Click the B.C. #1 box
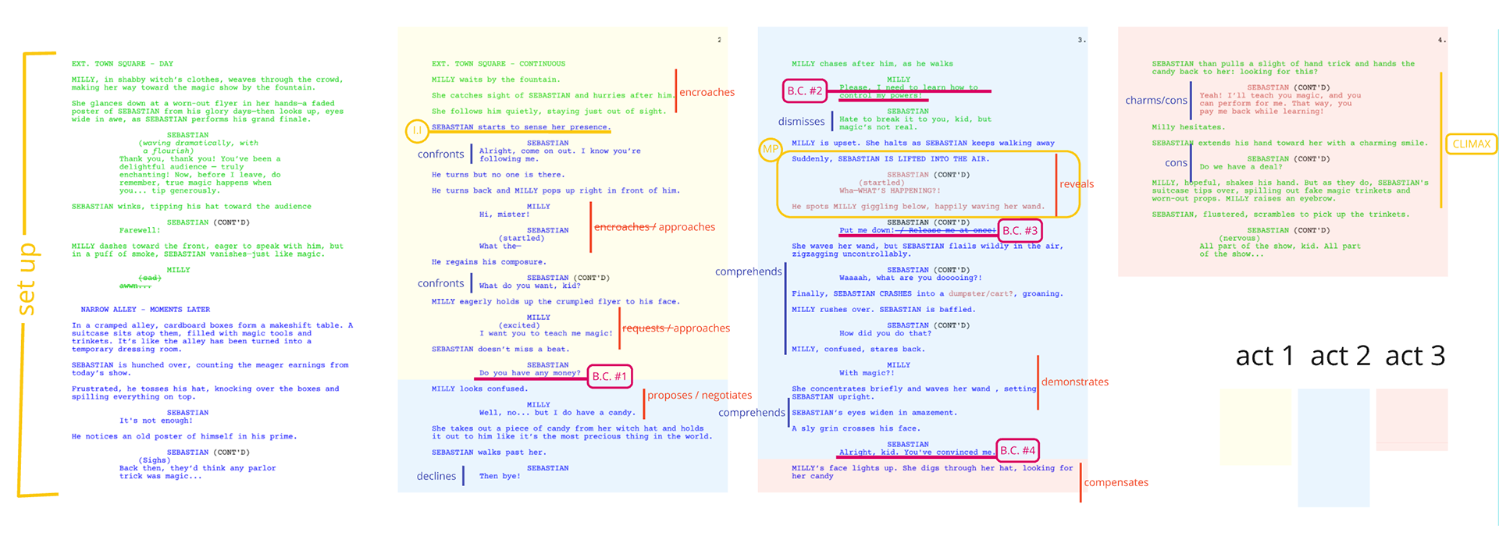[x=609, y=376]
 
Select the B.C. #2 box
[x=804, y=91]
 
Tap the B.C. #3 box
[x=1020, y=230]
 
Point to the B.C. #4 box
[x=1017, y=450]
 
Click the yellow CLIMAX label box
[x=1471, y=144]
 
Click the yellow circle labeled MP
[x=770, y=149]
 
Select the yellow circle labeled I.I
[x=417, y=130]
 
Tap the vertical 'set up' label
[x=27, y=279]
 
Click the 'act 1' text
[x=1264, y=356]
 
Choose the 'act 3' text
[x=1415, y=356]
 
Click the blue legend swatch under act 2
[x=1333, y=447]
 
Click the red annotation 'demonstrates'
[x=1074, y=382]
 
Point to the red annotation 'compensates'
[x=1116, y=482]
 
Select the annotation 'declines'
[x=436, y=476]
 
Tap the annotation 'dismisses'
[x=801, y=121]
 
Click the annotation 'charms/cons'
[x=1155, y=100]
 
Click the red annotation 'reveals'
[x=1077, y=184]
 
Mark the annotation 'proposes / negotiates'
[x=700, y=395]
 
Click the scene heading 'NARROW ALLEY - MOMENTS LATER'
[x=145, y=310]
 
